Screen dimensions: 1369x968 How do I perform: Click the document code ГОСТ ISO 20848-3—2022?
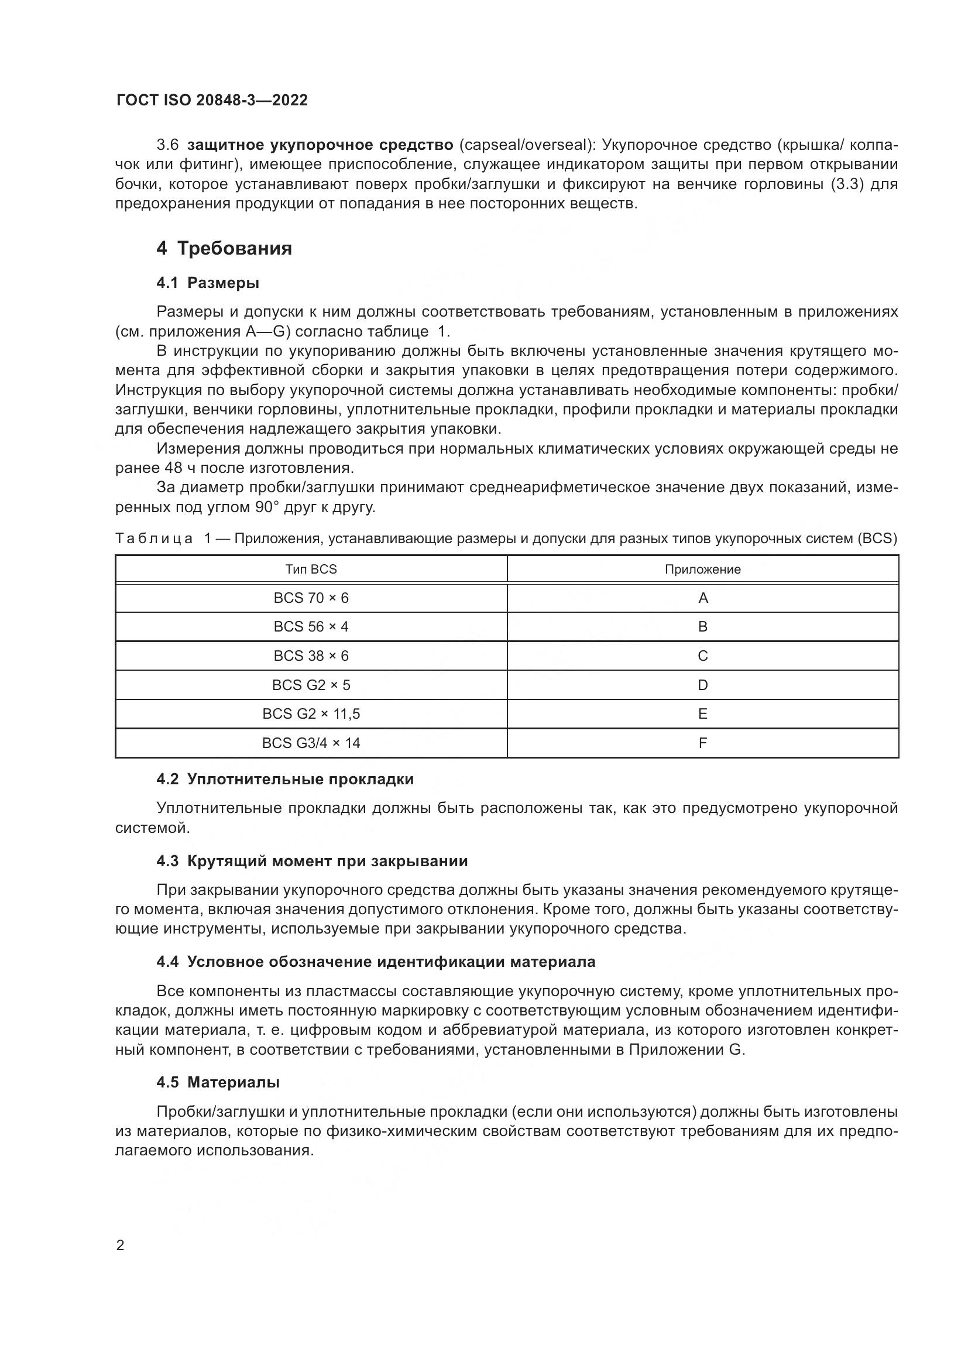(x=212, y=100)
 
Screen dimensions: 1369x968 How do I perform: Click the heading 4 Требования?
(x=224, y=248)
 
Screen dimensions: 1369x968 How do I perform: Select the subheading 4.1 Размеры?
(x=207, y=283)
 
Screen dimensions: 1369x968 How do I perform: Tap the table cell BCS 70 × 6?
(x=311, y=598)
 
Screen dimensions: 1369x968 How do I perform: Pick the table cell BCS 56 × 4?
(x=311, y=627)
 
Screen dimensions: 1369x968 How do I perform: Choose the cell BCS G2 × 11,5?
(x=311, y=713)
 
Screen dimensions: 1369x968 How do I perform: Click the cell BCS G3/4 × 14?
(x=311, y=743)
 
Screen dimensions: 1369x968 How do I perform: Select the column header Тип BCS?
(x=311, y=569)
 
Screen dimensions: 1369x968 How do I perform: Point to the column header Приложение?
(x=702, y=569)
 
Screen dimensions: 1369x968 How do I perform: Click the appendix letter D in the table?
(x=702, y=685)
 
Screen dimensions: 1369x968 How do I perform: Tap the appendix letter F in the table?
(x=702, y=743)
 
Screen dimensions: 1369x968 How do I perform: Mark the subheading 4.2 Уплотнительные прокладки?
(x=285, y=779)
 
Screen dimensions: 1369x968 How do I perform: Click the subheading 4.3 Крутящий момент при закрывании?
(x=312, y=861)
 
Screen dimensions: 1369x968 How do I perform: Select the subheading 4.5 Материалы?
(x=218, y=1082)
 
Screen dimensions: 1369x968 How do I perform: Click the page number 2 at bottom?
(x=121, y=1246)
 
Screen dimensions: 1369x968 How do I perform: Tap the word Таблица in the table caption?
(x=155, y=538)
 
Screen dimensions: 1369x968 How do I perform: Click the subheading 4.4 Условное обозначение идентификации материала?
(x=376, y=962)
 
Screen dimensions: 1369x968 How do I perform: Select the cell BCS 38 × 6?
(x=311, y=656)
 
